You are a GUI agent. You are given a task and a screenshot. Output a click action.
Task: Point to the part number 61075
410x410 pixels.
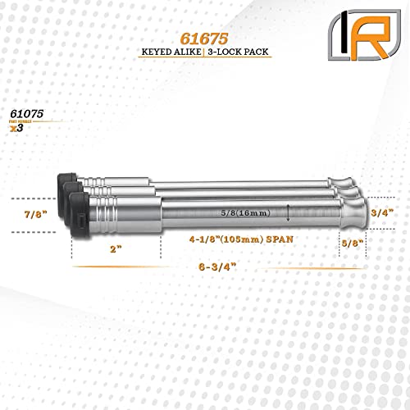point(29,114)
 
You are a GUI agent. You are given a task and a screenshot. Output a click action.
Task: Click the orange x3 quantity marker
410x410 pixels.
point(16,129)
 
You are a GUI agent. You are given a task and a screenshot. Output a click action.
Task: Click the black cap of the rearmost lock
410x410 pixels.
point(66,182)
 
